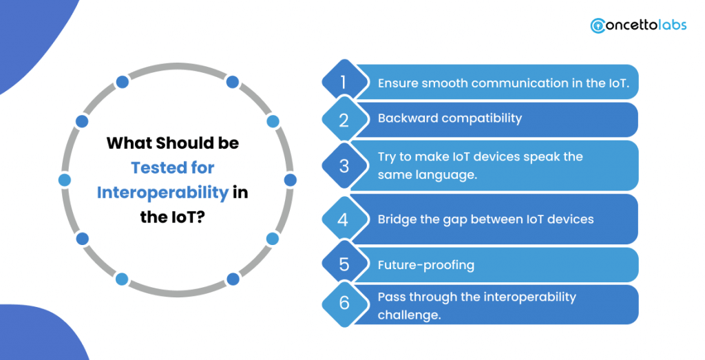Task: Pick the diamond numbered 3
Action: click(x=344, y=166)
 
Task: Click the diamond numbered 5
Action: click(x=344, y=264)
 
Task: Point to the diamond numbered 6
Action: click(x=344, y=304)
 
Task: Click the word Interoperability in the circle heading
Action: click(x=162, y=192)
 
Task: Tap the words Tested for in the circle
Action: click(x=173, y=168)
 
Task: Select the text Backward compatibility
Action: click(x=450, y=118)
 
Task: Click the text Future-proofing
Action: click(x=425, y=265)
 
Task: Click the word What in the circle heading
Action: click(x=127, y=143)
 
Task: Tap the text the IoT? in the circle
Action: click(x=171, y=217)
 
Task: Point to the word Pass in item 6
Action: click(x=390, y=297)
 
